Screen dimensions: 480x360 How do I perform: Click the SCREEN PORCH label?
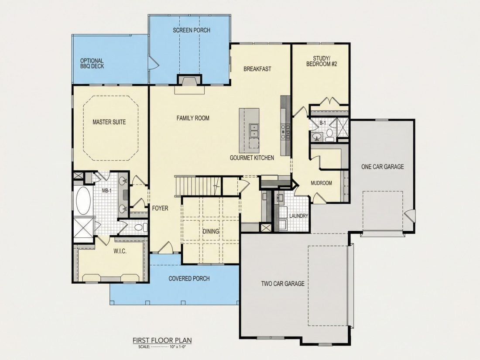191,30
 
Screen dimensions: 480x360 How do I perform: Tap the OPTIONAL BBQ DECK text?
92,63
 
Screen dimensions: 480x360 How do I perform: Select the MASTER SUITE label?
109,122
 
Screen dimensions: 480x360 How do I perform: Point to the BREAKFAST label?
257,69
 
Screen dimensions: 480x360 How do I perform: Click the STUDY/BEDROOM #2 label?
322,61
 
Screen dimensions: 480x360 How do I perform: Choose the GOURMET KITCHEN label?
252,158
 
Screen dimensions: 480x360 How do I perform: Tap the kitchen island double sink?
254,131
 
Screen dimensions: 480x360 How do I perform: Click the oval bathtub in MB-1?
83,200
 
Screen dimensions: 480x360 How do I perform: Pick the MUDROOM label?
321,183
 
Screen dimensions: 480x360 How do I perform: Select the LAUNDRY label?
298,216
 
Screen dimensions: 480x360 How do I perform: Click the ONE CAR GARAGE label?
382,167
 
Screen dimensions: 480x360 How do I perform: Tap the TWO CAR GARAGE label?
283,284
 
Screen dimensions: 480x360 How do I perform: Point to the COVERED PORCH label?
189,278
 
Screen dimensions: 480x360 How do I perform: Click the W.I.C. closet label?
120,251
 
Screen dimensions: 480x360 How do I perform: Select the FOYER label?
160,208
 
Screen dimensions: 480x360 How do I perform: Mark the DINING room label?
211,231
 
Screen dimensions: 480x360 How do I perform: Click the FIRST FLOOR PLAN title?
162,340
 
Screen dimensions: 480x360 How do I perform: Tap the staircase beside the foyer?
197,185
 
